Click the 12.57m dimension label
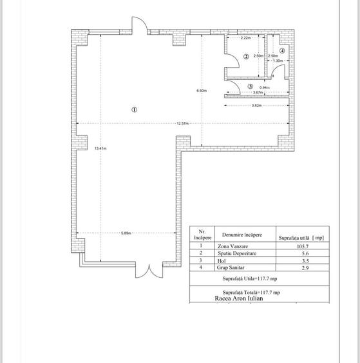coord(184,123)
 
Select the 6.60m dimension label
coord(201,91)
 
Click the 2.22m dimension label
coord(245,38)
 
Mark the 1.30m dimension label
coord(278,61)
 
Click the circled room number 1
coord(134,110)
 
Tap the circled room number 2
coord(245,57)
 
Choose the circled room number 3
coord(250,86)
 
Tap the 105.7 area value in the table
coord(301,246)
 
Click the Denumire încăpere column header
coord(242,235)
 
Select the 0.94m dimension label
coord(264,88)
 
